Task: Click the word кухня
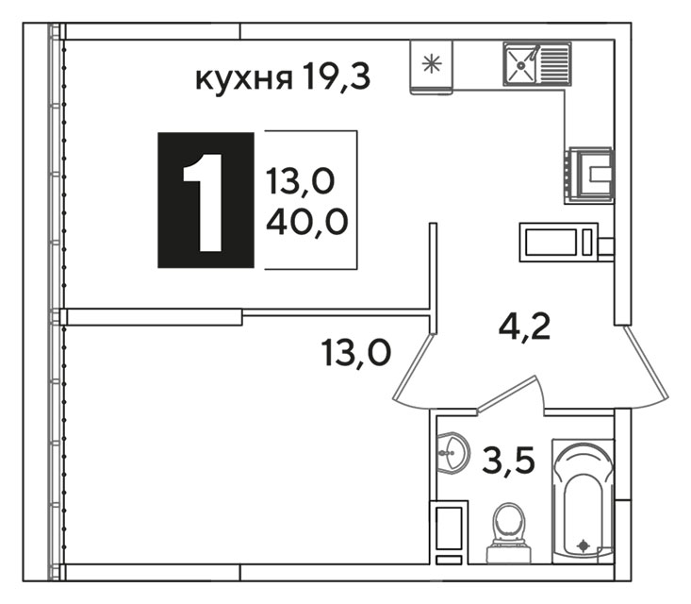244,79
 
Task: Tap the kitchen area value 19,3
337,76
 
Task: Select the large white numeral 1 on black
203,203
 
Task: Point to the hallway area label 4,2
524,327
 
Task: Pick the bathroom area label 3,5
508,460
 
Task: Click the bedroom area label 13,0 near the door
356,353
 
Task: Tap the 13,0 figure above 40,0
300,181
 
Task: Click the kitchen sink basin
521,64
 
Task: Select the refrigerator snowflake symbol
432,64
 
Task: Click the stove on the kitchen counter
589,176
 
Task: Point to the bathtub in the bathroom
583,501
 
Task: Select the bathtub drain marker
584,546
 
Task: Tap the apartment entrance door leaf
647,361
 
